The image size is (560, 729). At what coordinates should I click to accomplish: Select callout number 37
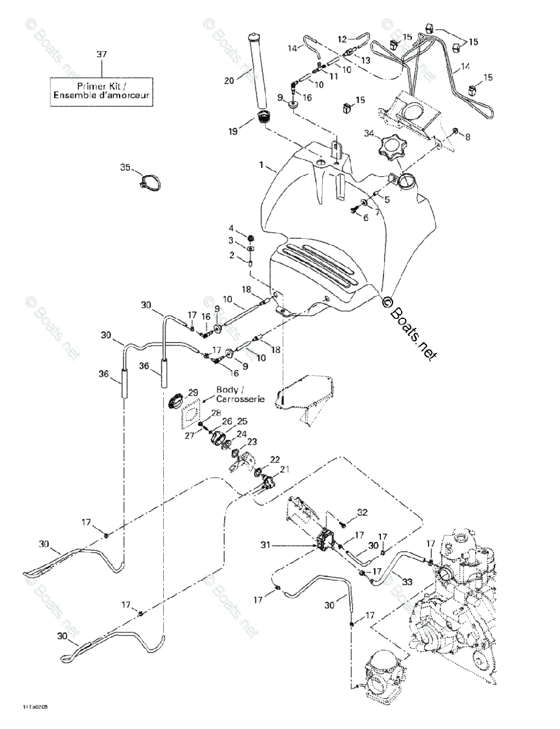coord(101,55)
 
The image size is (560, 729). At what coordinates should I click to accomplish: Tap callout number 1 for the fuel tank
coord(261,165)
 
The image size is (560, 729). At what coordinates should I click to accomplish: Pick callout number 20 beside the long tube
coord(229,80)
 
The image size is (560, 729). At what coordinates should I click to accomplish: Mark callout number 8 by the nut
coord(467,137)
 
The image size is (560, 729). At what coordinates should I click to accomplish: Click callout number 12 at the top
coord(342,38)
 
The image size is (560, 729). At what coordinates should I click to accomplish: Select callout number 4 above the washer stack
coord(231,228)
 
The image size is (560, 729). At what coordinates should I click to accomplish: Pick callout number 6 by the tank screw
coord(366,217)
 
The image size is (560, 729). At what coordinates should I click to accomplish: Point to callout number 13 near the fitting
coord(365,60)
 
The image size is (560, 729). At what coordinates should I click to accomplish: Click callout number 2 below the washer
coord(231,256)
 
